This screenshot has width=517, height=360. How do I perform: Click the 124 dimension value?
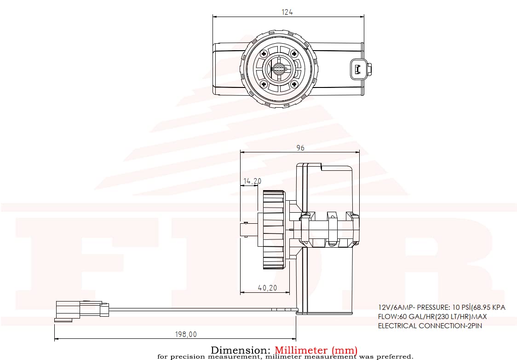pyautogui.click(x=287, y=12)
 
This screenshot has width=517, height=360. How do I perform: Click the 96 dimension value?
pyautogui.click(x=300, y=148)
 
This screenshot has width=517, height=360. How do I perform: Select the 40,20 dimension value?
pyautogui.click(x=267, y=288)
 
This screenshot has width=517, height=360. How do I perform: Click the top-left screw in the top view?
pyautogui.click(x=264, y=54)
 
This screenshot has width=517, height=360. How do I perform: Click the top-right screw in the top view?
pyautogui.click(x=294, y=54)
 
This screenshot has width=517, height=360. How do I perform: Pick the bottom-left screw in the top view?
pyautogui.click(x=264, y=84)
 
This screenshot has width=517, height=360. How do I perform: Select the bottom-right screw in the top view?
pyautogui.click(x=294, y=84)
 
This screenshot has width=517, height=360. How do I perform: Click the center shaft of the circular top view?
pyautogui.click(x=279, y=69)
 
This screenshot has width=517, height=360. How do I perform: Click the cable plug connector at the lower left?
pyautogui.click(x=81, y=309)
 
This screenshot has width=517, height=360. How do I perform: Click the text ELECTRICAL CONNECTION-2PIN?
pyautogui.click(x=430, y=326)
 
